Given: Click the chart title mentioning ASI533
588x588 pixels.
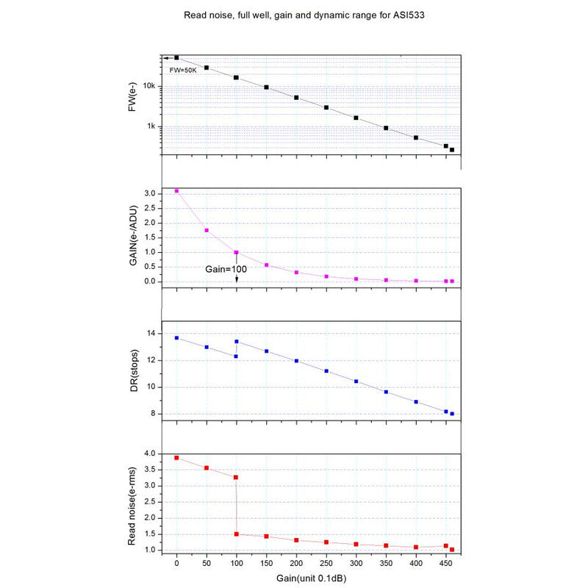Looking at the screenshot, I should (x=293, y=14).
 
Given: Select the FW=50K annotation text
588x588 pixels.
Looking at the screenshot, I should (x=184, y=70).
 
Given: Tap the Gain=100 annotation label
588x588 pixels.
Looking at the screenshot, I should (x=226, y=269).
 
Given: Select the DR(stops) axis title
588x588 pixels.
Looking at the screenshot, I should (x=134, y=372).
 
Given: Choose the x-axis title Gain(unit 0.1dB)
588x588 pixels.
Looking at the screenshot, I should (x=312, y=578).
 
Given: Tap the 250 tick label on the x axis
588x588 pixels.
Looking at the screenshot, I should (x=326, y=564).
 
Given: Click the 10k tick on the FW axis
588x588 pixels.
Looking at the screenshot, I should (x=149, y=86).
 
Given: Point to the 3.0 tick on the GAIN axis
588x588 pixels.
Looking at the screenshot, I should (x=150, y=193).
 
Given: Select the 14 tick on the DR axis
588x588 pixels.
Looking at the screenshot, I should (x=152, y=334).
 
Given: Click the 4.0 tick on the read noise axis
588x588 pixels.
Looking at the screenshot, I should (x=150, y=453).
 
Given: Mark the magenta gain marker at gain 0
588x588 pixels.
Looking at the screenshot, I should (x=176, y=191).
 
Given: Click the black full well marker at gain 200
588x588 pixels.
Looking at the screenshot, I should (x=296, y=98).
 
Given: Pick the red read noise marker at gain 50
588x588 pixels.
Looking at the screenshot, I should (x=207, y=468).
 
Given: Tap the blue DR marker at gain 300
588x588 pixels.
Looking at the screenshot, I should (x=356, y=381).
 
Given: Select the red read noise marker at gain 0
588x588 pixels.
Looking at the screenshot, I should (x=176, y=458).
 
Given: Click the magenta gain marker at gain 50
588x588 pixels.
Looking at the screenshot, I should (x=207, y=231).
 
